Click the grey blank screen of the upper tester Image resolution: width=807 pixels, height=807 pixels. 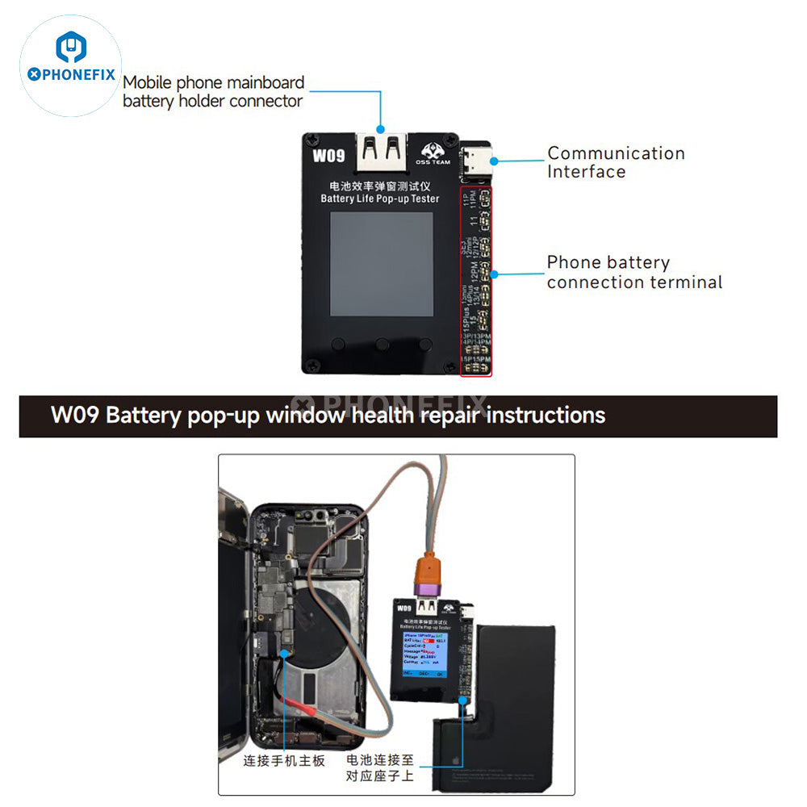[x=381, y=264]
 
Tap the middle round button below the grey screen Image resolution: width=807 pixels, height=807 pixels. [x=382, y=345]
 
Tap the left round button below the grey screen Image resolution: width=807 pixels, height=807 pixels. [x=338, y=345]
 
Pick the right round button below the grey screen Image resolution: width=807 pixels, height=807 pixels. [x=424, y=345]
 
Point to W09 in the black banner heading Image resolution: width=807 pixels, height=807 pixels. [x=75, y=416]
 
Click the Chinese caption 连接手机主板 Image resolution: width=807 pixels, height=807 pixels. [x=284, y=760]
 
